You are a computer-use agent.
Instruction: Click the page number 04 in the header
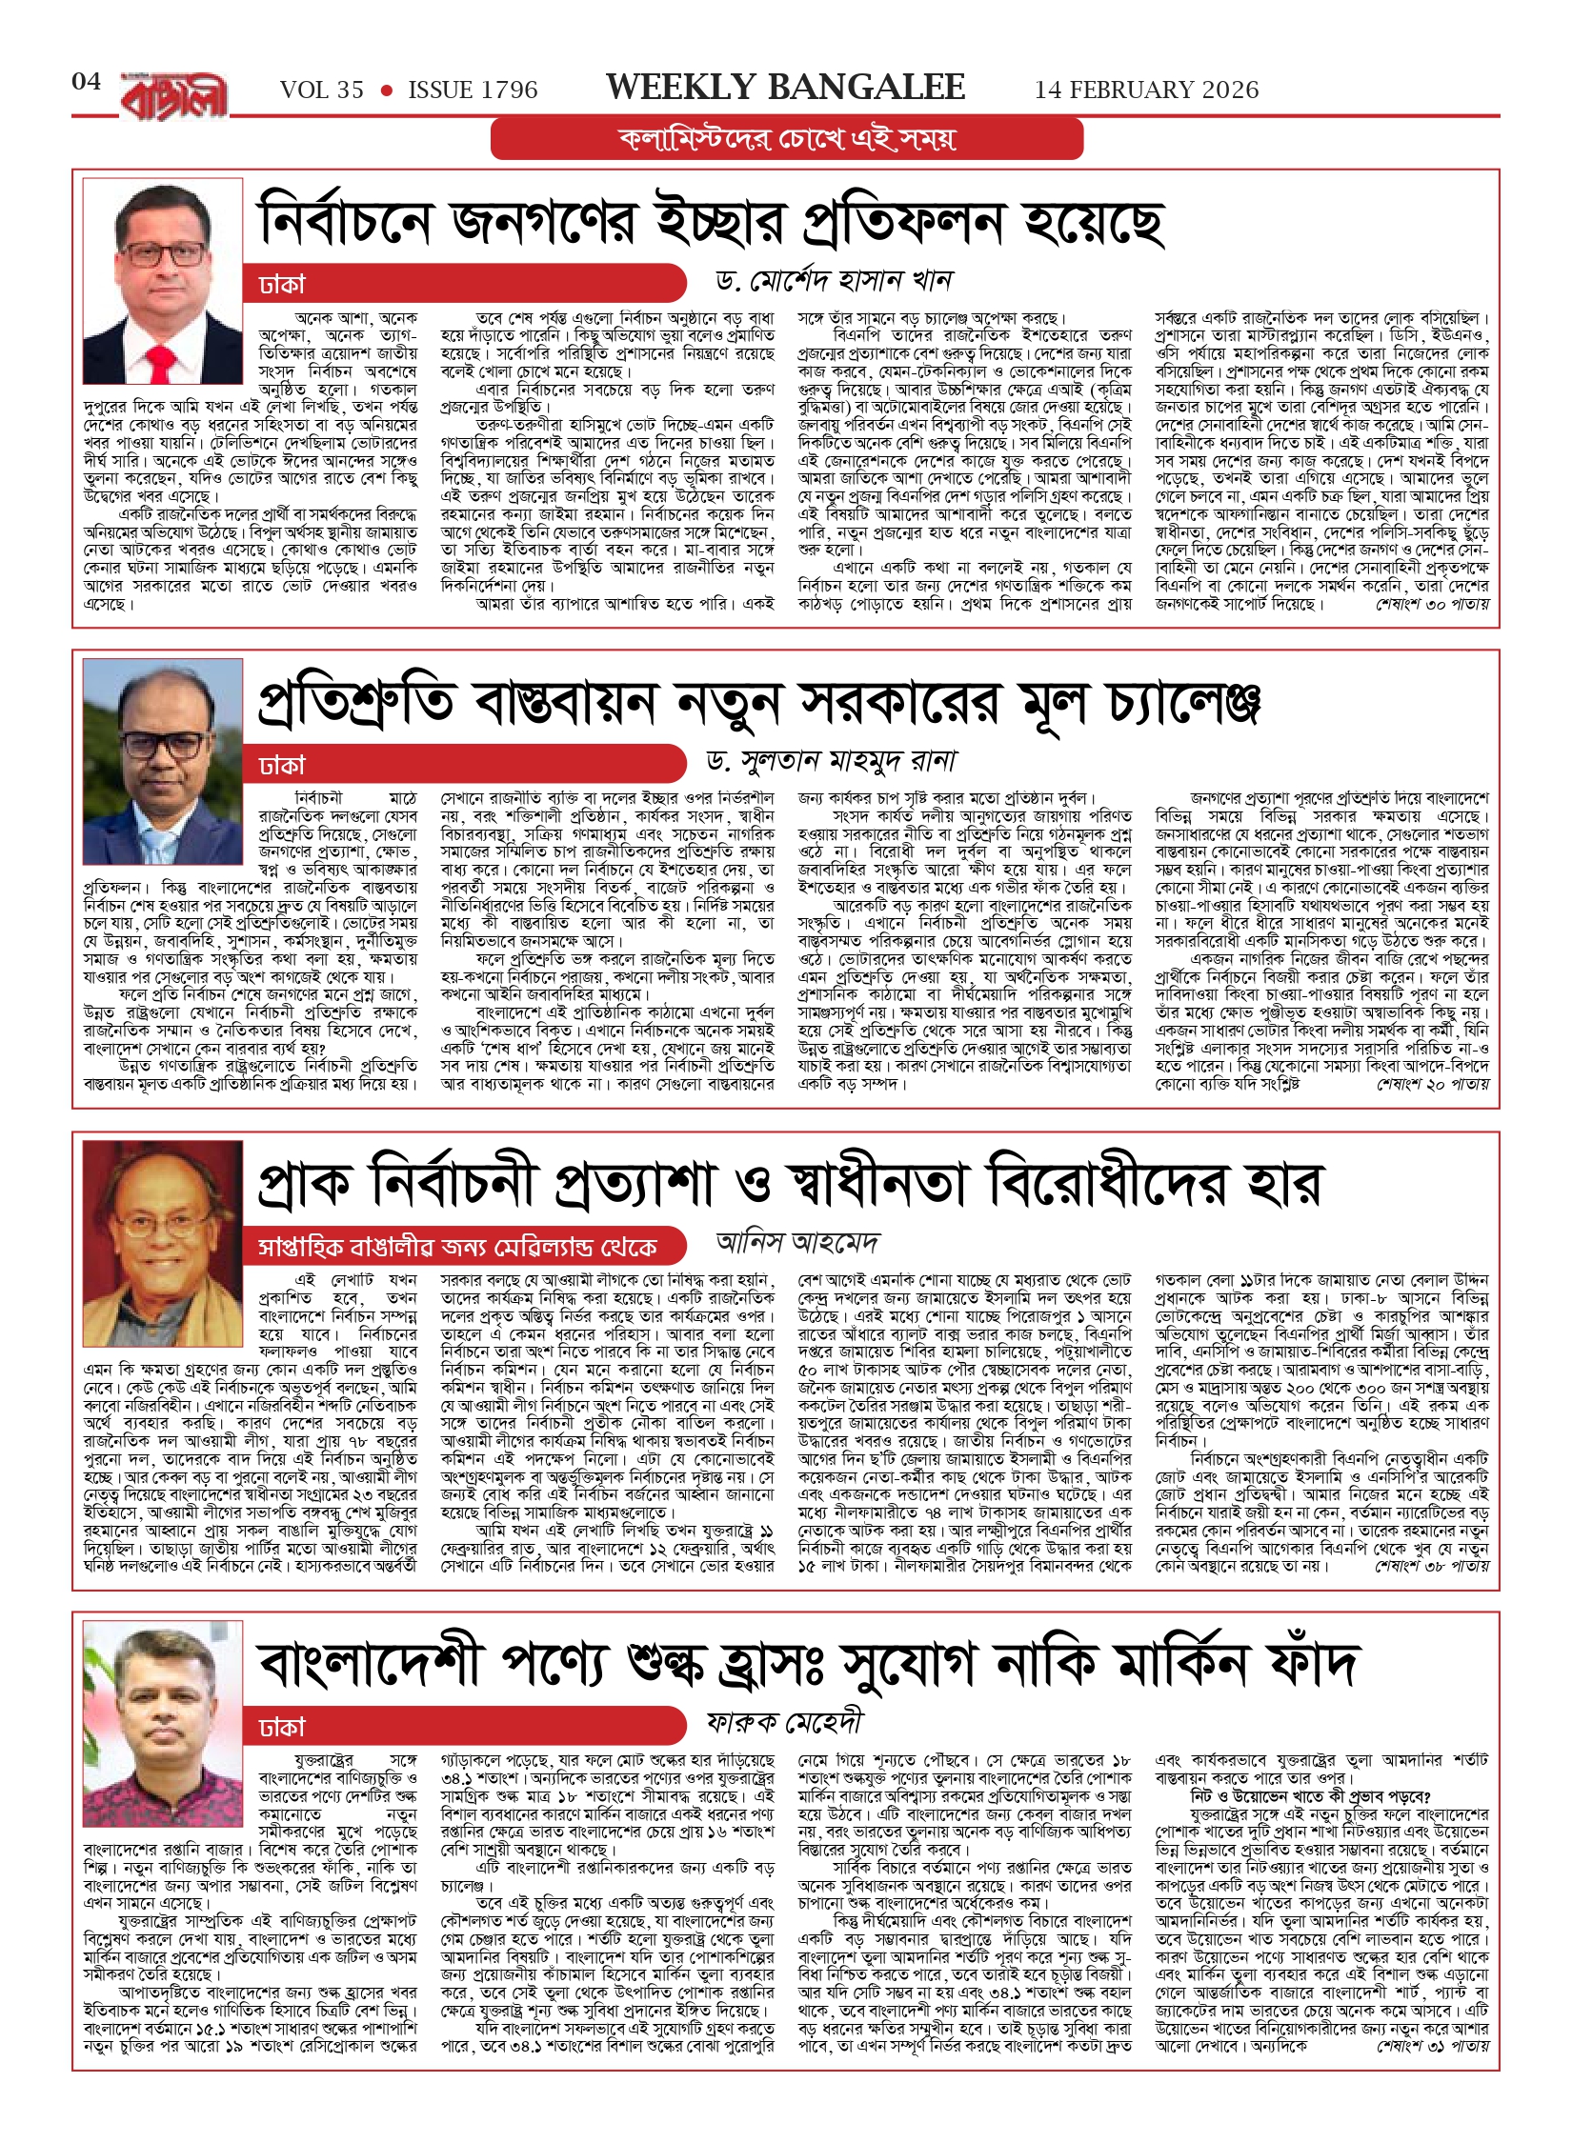tap(86, 82)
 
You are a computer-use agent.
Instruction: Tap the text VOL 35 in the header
tap(322, 90)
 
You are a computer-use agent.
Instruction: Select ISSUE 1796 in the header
tap(473, 90)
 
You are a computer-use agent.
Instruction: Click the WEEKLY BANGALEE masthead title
tap(785, 88)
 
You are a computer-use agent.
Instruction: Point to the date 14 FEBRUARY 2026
tap(1146, 90)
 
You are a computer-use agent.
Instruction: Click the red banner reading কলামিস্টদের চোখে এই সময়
tap(786, 139)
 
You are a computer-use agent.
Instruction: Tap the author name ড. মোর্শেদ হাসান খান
tap(834, 281)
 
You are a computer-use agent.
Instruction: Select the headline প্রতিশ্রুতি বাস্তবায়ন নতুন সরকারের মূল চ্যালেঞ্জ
tap(759, 703)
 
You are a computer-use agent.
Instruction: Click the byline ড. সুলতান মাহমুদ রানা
tap(830, 761)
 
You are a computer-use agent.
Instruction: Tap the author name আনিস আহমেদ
tap(797, 1242)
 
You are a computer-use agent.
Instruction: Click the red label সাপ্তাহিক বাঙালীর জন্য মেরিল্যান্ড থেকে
tap(458, 1247)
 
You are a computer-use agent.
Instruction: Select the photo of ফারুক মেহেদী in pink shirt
tap(163, 1710)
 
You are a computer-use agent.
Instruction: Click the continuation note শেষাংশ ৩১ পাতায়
tap(1433, 2046)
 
